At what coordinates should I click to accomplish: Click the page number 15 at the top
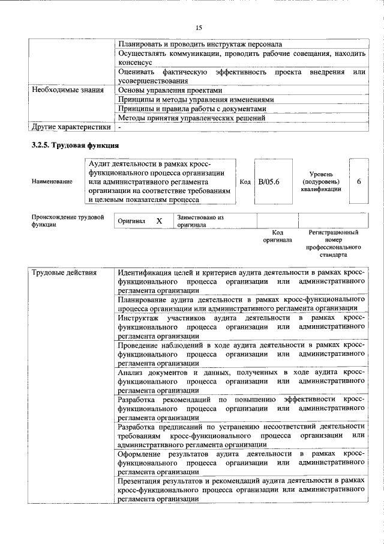199,27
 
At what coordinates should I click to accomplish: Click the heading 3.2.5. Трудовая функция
76,145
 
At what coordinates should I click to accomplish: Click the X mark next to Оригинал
159,221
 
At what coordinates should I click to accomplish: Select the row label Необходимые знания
63,90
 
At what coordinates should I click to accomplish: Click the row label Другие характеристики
71,127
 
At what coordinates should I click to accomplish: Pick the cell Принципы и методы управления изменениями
196,99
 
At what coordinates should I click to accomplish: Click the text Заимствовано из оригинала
200,221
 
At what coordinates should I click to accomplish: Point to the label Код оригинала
277,236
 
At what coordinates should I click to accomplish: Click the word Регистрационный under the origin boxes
333,231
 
